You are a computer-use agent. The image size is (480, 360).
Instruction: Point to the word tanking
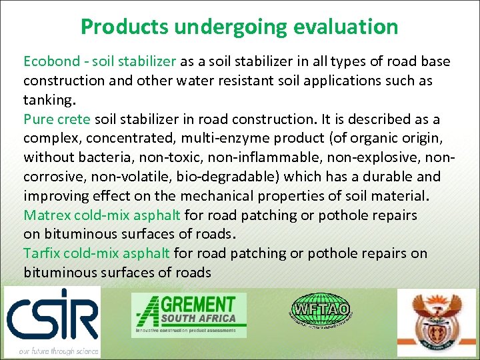49,101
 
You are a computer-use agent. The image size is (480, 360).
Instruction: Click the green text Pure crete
57,120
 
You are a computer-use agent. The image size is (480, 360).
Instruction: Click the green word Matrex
47,215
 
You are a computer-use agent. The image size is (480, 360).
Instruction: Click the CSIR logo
52,314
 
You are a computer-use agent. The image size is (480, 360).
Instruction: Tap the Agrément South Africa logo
189,314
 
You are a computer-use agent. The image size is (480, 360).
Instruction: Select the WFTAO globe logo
322,310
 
